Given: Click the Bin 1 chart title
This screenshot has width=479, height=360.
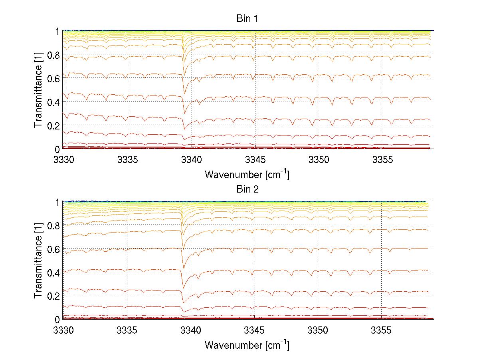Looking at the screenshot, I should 247,18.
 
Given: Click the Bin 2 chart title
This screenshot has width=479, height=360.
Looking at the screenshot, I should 247,189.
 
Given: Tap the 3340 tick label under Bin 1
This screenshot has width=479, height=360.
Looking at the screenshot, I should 192,160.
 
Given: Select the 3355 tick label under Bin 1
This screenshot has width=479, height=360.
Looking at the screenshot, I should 382,160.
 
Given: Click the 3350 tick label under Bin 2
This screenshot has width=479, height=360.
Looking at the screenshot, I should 318,330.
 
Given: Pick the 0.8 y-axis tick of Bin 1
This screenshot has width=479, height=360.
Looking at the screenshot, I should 54,55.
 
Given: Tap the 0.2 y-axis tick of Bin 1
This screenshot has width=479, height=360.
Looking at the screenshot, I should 54,125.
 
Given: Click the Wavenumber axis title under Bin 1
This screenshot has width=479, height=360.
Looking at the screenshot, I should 247,174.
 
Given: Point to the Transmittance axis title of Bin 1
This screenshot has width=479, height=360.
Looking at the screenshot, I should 38,90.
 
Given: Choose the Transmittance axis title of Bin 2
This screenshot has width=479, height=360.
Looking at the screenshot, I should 38,261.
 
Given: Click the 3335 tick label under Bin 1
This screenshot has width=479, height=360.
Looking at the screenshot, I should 127,160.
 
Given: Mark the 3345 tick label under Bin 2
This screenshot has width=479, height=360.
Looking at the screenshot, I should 254,330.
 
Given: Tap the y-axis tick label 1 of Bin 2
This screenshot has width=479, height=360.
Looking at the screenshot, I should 57,202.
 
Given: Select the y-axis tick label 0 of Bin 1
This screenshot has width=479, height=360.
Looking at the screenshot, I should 57,149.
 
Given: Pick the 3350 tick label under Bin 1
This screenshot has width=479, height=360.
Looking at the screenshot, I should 319,160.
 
